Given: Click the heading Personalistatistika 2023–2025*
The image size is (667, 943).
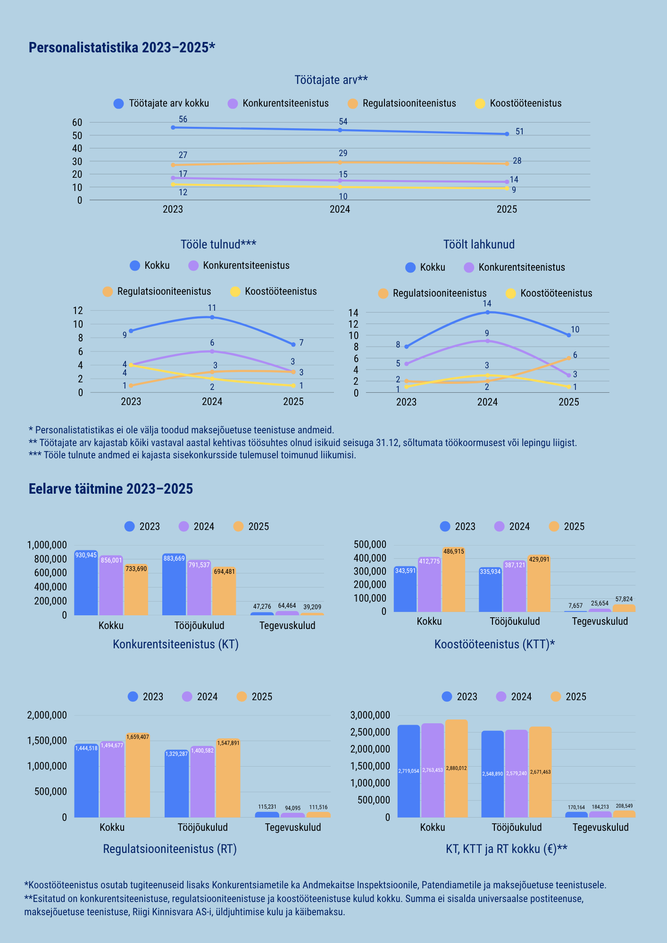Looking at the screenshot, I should [x=122, y=48].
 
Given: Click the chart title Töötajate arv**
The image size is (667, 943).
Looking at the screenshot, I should [x=331, y=80].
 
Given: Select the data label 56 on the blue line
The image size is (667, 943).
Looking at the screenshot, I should [x=183, y=119].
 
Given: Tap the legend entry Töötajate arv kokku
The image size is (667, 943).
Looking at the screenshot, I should [x=168, y=103].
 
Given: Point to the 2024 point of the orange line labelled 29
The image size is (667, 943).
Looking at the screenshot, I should [x=340, y=162].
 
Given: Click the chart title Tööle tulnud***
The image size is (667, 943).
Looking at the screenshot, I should [x=218, y=244].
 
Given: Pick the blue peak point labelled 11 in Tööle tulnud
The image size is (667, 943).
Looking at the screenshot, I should [x=212, y=317].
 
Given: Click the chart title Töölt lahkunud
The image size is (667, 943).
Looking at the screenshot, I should [x=479, y=244].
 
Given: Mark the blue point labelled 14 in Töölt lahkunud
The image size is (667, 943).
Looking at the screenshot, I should [x=487, y=312].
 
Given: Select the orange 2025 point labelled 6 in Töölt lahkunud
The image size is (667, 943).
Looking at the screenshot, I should [x=569, y=358].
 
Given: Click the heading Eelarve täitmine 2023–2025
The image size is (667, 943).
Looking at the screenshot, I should [x=111, y=488].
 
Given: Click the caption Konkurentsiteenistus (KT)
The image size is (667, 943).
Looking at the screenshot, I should [x=175, y=644].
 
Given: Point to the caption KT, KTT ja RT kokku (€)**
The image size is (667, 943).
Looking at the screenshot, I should [x=506, y=849].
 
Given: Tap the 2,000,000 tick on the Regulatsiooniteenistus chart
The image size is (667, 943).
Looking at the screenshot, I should [x=47, y=715].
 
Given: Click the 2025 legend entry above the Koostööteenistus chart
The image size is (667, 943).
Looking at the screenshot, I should [x=574, y=527].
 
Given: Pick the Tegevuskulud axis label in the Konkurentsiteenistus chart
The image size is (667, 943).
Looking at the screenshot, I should [x=287, y=626].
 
